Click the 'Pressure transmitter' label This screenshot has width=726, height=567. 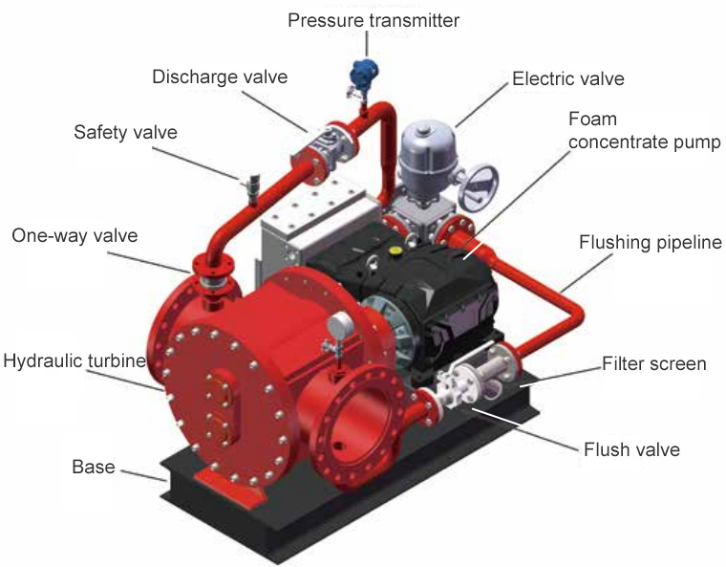(x=374, y=21)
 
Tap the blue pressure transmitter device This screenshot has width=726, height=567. (x=363, y=73)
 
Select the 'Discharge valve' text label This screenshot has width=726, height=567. (x=220, y=76)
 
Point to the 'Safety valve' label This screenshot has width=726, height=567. (x=125, y=133)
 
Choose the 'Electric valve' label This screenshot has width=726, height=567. (x=568, y=78)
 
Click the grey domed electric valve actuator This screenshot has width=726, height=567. (x=422, y=158)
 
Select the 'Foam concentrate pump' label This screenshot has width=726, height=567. (x=644, y=130)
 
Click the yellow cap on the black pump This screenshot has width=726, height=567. (x=395, y=251)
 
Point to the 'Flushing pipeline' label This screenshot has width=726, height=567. (x=651, y=243)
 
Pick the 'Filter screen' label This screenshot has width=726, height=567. (x=654, y=364)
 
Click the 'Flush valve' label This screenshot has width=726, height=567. (x=631, y=449)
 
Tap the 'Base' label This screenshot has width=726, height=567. (x=94, y=467)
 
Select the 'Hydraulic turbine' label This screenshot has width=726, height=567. (x=75, y=361)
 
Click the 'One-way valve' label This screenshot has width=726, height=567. (x=75, y=236)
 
